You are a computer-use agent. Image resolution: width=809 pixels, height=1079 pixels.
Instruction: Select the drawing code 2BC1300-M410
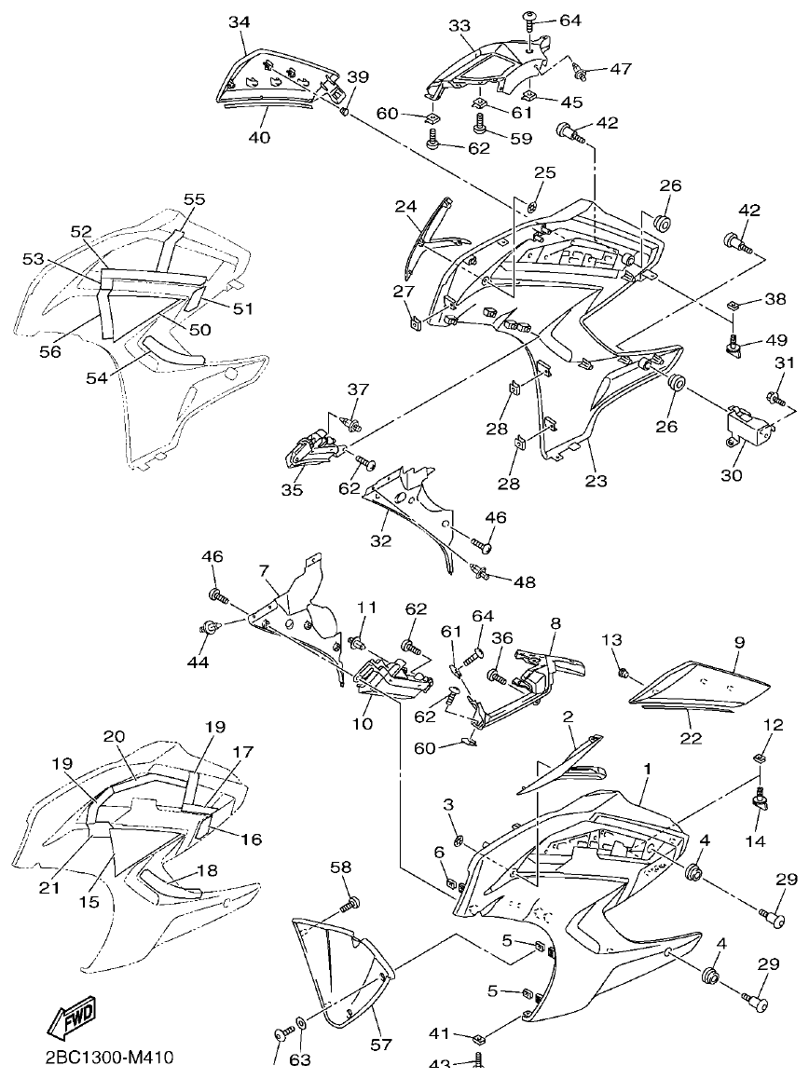click(108, 1058)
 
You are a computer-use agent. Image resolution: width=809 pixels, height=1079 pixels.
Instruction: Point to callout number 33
click(460, 27)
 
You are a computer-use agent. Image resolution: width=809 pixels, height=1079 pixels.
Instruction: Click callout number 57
click(380, 1045)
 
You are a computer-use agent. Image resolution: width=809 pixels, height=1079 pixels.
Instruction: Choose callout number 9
click(739, 642)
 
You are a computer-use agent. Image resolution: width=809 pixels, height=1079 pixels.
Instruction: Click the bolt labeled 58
click(350, 902)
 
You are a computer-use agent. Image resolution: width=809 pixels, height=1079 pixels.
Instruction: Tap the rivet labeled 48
click(482, 571)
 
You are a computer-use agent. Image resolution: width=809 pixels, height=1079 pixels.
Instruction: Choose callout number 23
click(596, 481)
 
